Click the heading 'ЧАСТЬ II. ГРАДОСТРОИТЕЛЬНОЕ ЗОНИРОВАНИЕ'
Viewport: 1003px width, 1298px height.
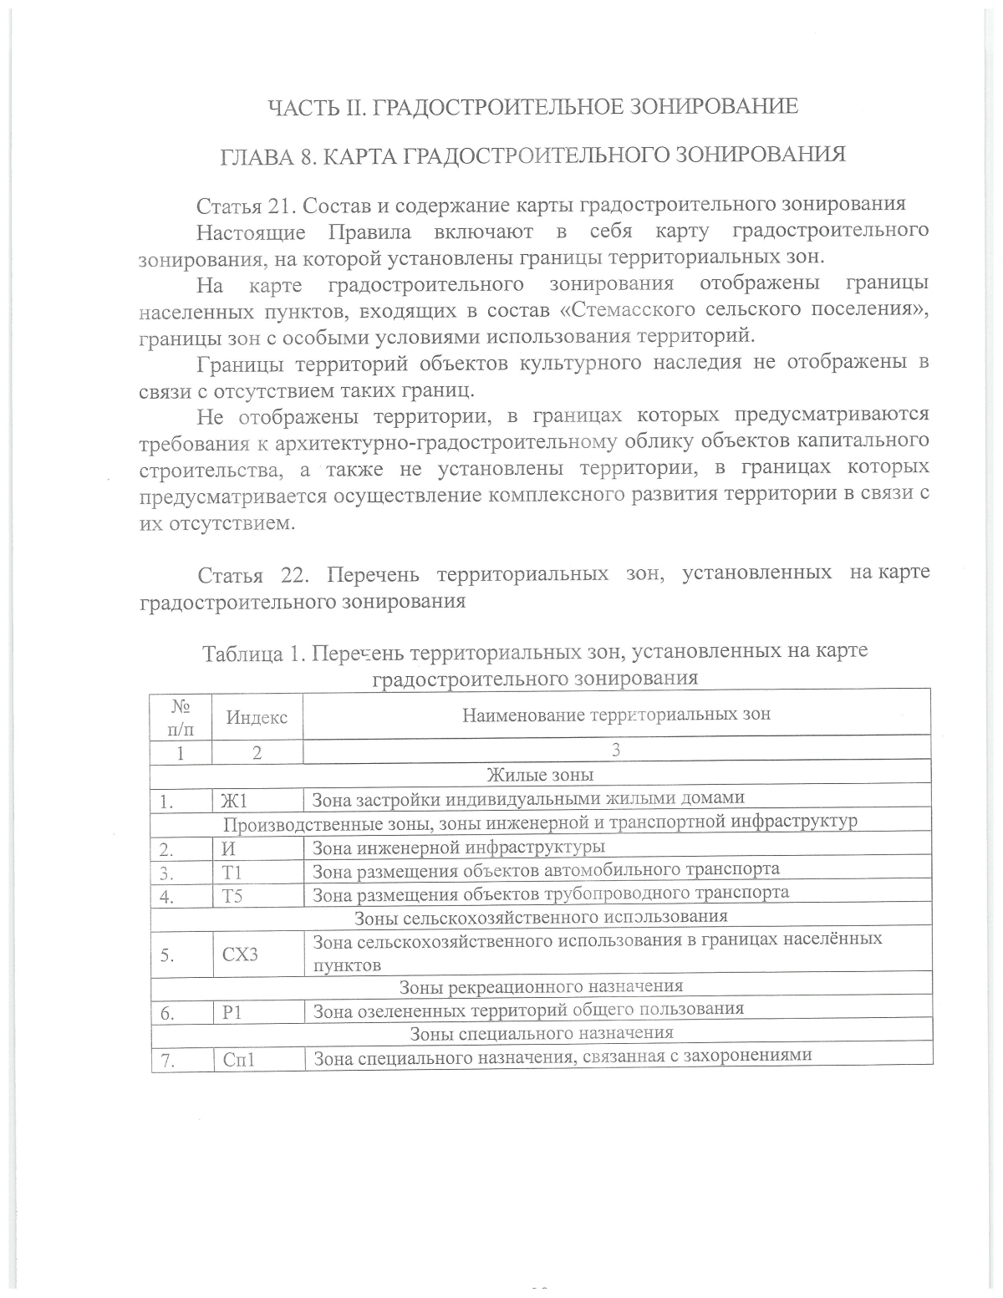(532, 107)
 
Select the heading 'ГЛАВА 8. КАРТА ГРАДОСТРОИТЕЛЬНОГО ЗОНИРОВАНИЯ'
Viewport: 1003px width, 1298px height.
(532, 155)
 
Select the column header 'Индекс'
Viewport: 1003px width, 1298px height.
(257, 717)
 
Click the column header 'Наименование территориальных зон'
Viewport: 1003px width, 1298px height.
(616, 715)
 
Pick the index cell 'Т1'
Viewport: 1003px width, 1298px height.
(232, 873)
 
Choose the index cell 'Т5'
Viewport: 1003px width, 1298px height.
(232, 897)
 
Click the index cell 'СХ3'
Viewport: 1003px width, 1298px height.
(240, 954)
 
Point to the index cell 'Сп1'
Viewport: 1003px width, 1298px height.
(238, 1060)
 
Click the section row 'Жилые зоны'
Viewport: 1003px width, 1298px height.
(540, 775)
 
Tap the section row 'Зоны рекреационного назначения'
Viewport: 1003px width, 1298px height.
(541, 987)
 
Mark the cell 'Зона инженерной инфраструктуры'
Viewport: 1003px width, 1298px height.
(458, 848)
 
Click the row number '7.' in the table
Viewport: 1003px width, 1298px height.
(167, 1061)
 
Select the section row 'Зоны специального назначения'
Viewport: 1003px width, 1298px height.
(541, 1034)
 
